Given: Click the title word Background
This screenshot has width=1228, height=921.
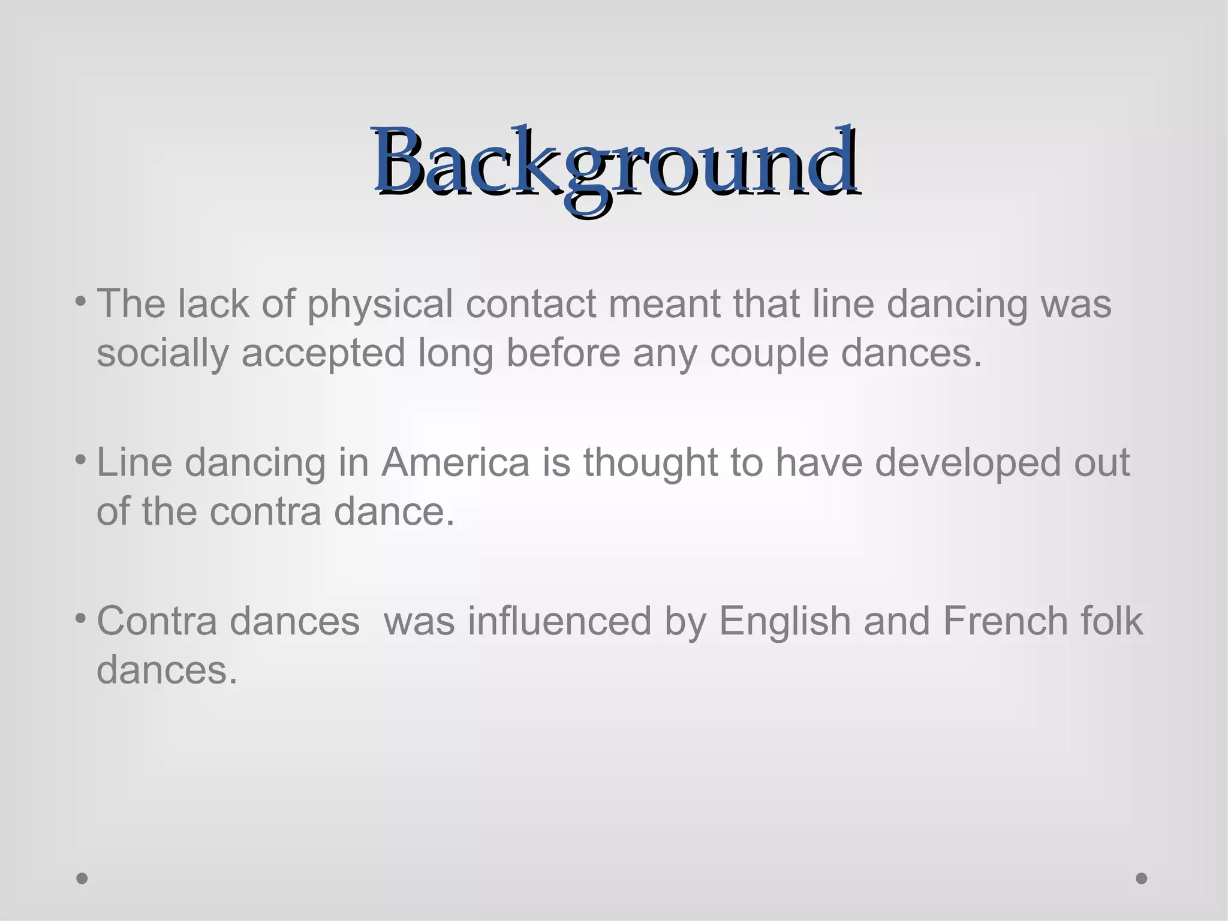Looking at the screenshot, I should pos(615,162).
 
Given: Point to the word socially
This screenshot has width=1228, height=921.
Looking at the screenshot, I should pos(162,354).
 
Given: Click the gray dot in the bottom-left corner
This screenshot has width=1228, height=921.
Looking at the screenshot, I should pos(82,878).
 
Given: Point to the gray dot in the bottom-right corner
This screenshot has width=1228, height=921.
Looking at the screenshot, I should pos(1142,878).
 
